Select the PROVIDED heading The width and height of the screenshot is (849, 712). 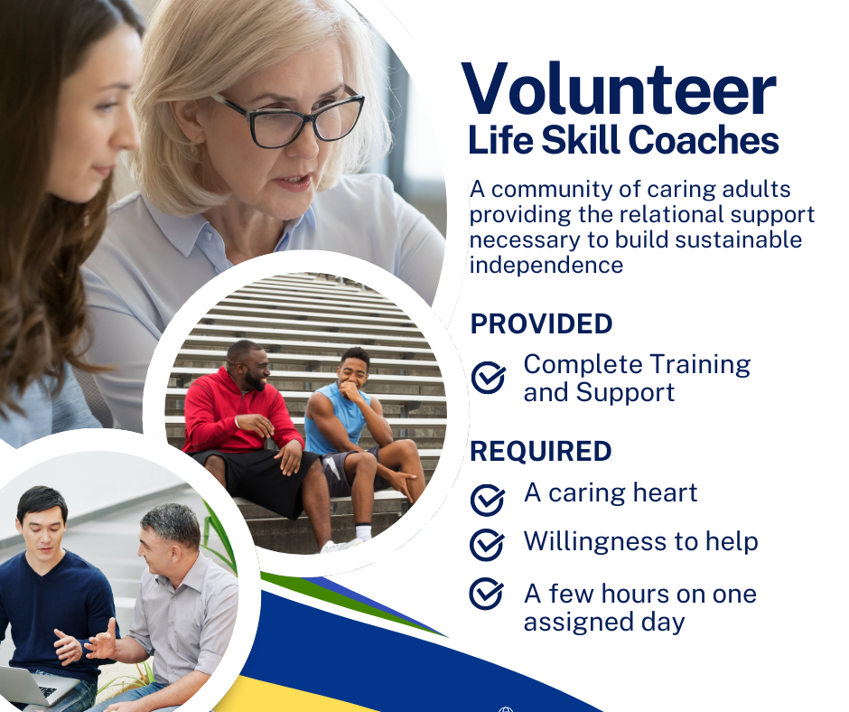pos(541,324)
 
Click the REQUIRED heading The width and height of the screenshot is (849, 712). pos(540,452)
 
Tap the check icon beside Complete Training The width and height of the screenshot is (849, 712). pos(488,377)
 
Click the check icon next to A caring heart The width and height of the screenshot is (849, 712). pos(488,500)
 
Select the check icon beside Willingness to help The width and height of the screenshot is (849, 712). pos(487,545)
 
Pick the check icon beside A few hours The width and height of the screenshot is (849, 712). pos(486,594)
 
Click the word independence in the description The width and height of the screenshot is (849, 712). pos(546,266)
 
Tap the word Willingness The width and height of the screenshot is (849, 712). pos(595,542)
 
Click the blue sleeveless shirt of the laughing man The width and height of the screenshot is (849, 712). pos(336,417)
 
